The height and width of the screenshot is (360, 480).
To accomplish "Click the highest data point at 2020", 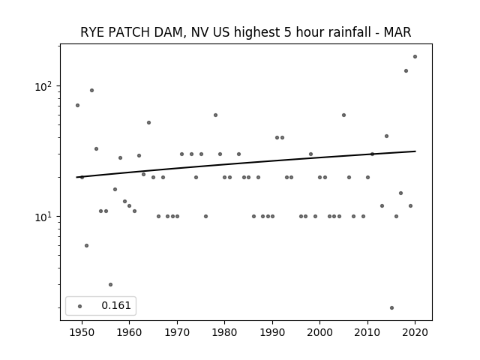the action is [415, 57].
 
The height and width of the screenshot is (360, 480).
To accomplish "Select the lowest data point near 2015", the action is [391, 307].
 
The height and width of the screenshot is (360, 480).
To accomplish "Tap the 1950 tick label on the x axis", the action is [82, 332].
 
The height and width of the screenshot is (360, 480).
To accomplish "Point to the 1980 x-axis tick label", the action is [224, 332].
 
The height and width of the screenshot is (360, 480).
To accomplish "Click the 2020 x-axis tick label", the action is [415, 332].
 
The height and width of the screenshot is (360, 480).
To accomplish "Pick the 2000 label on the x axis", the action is [320, 332].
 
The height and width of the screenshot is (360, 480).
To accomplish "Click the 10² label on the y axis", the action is [43, 87].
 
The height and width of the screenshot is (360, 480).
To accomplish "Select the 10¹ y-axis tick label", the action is [43, 217].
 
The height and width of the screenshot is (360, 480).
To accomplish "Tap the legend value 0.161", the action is [116, 305].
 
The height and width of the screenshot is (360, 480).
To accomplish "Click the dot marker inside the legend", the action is [80, 306].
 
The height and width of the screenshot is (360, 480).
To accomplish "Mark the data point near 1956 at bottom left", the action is [110, 284].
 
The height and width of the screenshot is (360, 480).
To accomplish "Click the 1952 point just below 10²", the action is [91, 90].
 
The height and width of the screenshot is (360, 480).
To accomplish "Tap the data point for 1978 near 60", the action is [215, 115].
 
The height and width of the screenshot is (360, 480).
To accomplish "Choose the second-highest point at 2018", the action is [406, 70].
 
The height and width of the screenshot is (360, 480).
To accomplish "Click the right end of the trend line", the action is [415, 151].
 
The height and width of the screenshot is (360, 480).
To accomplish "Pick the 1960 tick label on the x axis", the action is [129, 332].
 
